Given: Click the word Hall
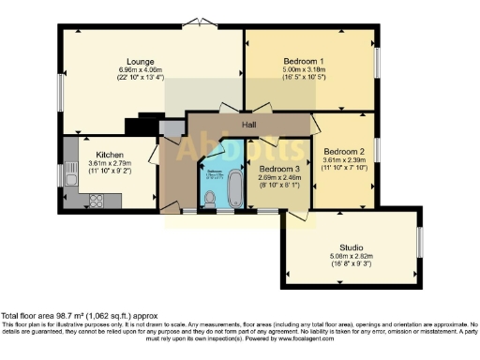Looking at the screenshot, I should click(248, 124).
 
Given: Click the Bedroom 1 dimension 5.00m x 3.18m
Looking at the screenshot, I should click(303, 69).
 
